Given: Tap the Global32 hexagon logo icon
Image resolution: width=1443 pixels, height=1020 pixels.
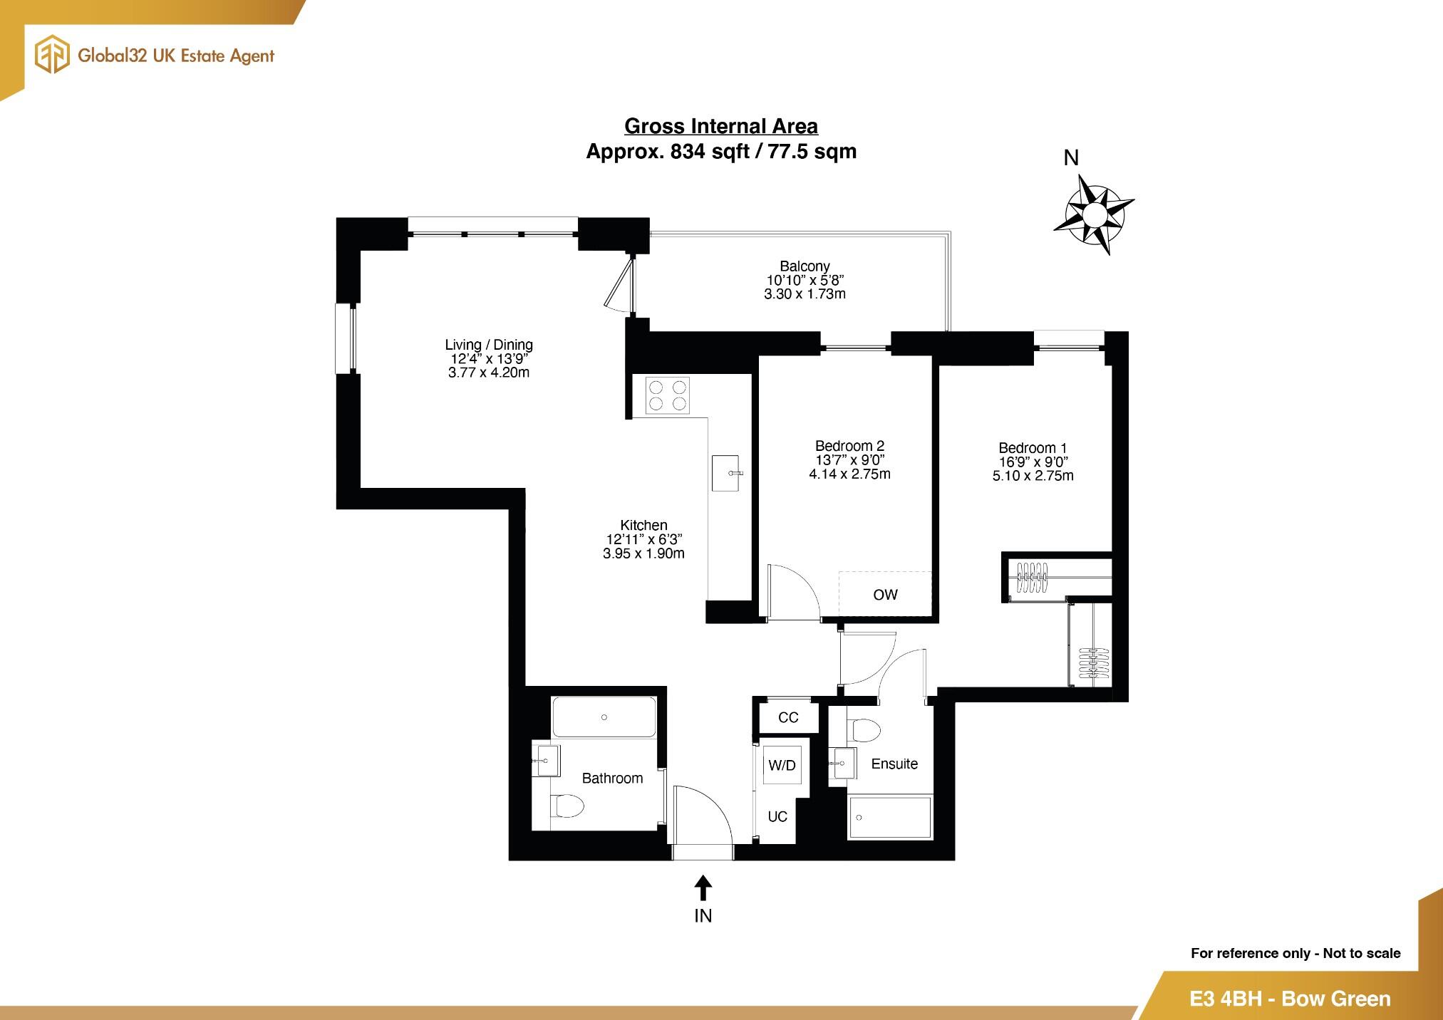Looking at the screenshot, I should [53, 56].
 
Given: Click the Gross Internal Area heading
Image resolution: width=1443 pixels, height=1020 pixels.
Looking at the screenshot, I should [720, 126].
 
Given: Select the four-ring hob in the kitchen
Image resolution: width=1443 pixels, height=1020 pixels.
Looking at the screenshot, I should [668, 395].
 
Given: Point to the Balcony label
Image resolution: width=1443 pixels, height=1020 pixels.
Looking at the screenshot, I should [805, 266].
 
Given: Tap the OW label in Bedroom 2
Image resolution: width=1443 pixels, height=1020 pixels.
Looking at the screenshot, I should [885, 595].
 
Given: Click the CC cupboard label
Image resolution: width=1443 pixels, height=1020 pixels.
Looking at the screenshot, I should [788, 717].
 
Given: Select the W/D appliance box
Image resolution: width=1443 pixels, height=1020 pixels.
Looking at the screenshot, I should [782, 765].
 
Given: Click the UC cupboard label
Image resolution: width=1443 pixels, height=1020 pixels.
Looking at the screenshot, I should [777, 816].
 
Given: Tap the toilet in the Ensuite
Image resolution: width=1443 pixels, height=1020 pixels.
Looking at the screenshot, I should [864, 729].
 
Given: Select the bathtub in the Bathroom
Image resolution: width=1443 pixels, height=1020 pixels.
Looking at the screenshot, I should [604, 717].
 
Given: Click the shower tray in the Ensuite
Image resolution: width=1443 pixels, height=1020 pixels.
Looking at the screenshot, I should [890, 818].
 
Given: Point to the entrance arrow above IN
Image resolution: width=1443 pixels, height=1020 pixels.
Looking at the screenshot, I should [703, 888].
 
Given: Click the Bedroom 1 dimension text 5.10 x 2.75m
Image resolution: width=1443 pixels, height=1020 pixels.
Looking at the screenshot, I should [1033, 476].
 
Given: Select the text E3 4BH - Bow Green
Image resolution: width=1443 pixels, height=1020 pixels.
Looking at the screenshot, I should [1290, 999].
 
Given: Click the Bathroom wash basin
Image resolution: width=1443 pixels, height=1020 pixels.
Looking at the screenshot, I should [547, 761].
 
